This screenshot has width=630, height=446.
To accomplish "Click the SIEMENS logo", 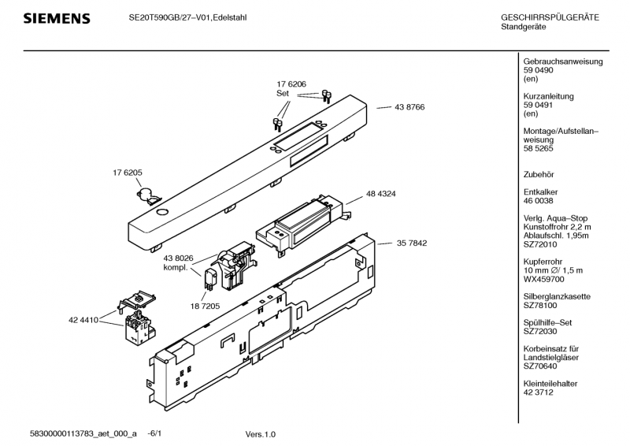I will (x=56, y=18).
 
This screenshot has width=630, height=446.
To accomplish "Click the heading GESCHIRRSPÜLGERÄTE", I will (x=555, y=17).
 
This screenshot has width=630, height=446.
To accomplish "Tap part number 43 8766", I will (x=410, y=107).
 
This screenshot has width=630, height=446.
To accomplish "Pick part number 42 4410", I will (x=83, y=321).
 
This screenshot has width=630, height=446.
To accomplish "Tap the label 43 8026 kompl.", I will (x=179, y=262).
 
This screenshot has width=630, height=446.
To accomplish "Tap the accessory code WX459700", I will (x=543, y=279).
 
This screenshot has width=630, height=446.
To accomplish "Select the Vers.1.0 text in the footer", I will (x=261, y=434).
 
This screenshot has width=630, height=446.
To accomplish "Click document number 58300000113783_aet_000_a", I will (x=83, y=434).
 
